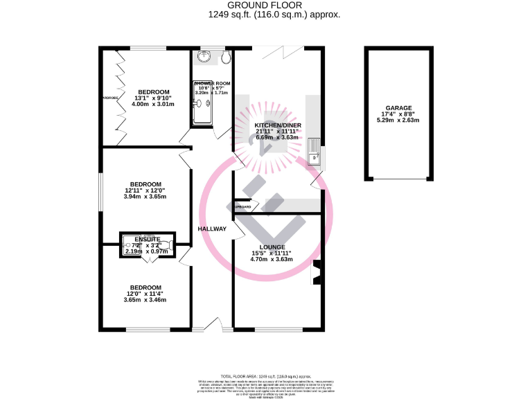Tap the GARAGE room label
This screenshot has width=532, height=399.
click(x=398, y=109)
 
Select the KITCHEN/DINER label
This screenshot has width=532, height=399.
click(x=277, y=125)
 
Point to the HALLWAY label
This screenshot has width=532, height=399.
click(x=212, y=229)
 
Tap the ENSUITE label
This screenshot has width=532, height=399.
click(x=148, y=239)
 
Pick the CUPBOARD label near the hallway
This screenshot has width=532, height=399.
click(x=242, y=207)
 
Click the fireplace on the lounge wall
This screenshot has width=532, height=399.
click(x=317, y=272)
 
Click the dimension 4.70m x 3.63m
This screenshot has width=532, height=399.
click(x=272, y=260)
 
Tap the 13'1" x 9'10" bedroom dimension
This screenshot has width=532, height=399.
click(x=153, y=98)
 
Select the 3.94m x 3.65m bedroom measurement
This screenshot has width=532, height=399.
click(x=145, y=197)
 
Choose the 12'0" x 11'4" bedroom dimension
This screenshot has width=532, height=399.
click(x=145, y=294)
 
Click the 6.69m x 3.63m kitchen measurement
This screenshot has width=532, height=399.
click(x=277, y=137)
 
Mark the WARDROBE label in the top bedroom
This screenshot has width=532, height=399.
click(x=109, y=98)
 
